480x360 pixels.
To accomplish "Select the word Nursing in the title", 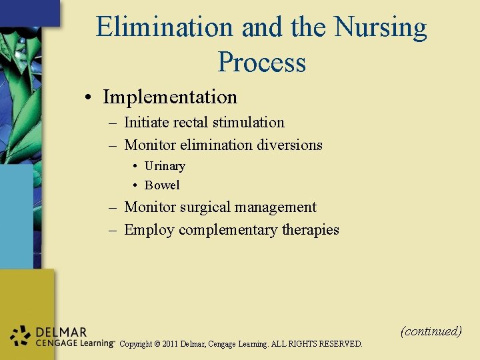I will [381, 27].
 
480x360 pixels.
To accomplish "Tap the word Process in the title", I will [261, 62].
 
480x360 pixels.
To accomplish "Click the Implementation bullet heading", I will [170, 97].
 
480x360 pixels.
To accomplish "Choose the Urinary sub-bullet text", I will [165, 166].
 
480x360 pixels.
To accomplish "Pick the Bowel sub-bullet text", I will [162, 185].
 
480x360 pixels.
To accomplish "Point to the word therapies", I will [311, 230].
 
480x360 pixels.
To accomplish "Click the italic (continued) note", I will [431, 331].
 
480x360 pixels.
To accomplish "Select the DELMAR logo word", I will [61, 332].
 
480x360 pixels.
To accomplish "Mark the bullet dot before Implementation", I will [88, 97].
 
